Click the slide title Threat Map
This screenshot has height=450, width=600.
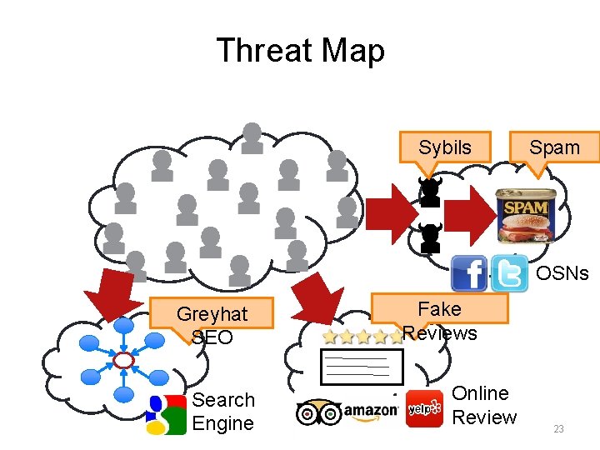pyautogui.click(x=300, y=51)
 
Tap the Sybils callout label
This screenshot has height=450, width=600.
pyautogui.click(x=444, y=147)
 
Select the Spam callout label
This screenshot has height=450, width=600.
pyautogui.click(x=554, y=147)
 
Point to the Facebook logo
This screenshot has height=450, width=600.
pyautogui.click(x=469, y=274)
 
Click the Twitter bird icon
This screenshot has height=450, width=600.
pyautogui.click(x=509, y=273)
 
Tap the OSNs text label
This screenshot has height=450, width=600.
pyautogui.click(x=562, y=273)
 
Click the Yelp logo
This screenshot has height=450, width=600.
pyautogui.click(x=424, y=409)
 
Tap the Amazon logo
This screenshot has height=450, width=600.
pyautogui.click(x=371, y=411)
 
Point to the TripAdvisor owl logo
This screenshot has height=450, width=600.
pyautogui.click(x=318, y=412)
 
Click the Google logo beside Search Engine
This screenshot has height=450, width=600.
pyautogui.click(x=166, y=414)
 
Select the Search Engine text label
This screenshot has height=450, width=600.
pyautogui.click(x=223, y=412)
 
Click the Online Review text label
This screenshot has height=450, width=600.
pyautogui.click(x=484, y=405)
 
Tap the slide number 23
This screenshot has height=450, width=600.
pyautogui.click(x=558, y=429)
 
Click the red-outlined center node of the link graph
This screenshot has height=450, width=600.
pyautogui.click(x=124, y=360)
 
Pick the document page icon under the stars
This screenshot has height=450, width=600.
pyautogui.click(x=362, y=366)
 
